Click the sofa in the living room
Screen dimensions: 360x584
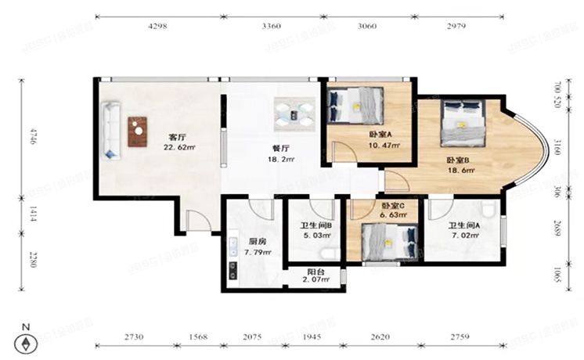(x=112, y=130)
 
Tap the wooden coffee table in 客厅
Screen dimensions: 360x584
(x=138, y=131)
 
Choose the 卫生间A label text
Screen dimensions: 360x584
(x=463, y=225)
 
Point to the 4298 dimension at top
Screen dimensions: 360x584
(x=157, y=27)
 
